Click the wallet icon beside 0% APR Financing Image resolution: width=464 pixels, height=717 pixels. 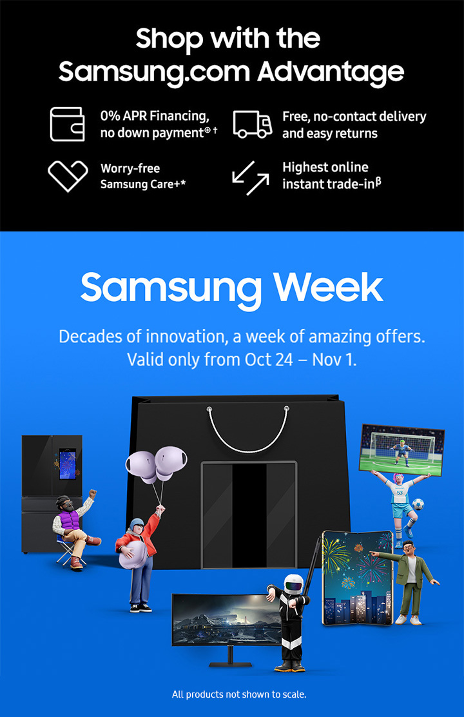(x=67, y=124)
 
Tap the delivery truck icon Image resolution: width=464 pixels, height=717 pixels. (x=251, y=124)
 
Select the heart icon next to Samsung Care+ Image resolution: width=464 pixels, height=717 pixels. (x=68, y=176)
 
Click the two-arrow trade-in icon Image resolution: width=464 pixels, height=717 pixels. (x=251, y=177)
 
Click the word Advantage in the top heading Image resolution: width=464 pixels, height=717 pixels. (x=331, y=72)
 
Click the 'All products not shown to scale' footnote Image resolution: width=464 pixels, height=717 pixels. (x=238, y=694)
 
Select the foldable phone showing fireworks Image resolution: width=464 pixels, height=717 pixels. (x=355, y=577)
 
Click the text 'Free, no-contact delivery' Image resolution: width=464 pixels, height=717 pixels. (x=354, y=117)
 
